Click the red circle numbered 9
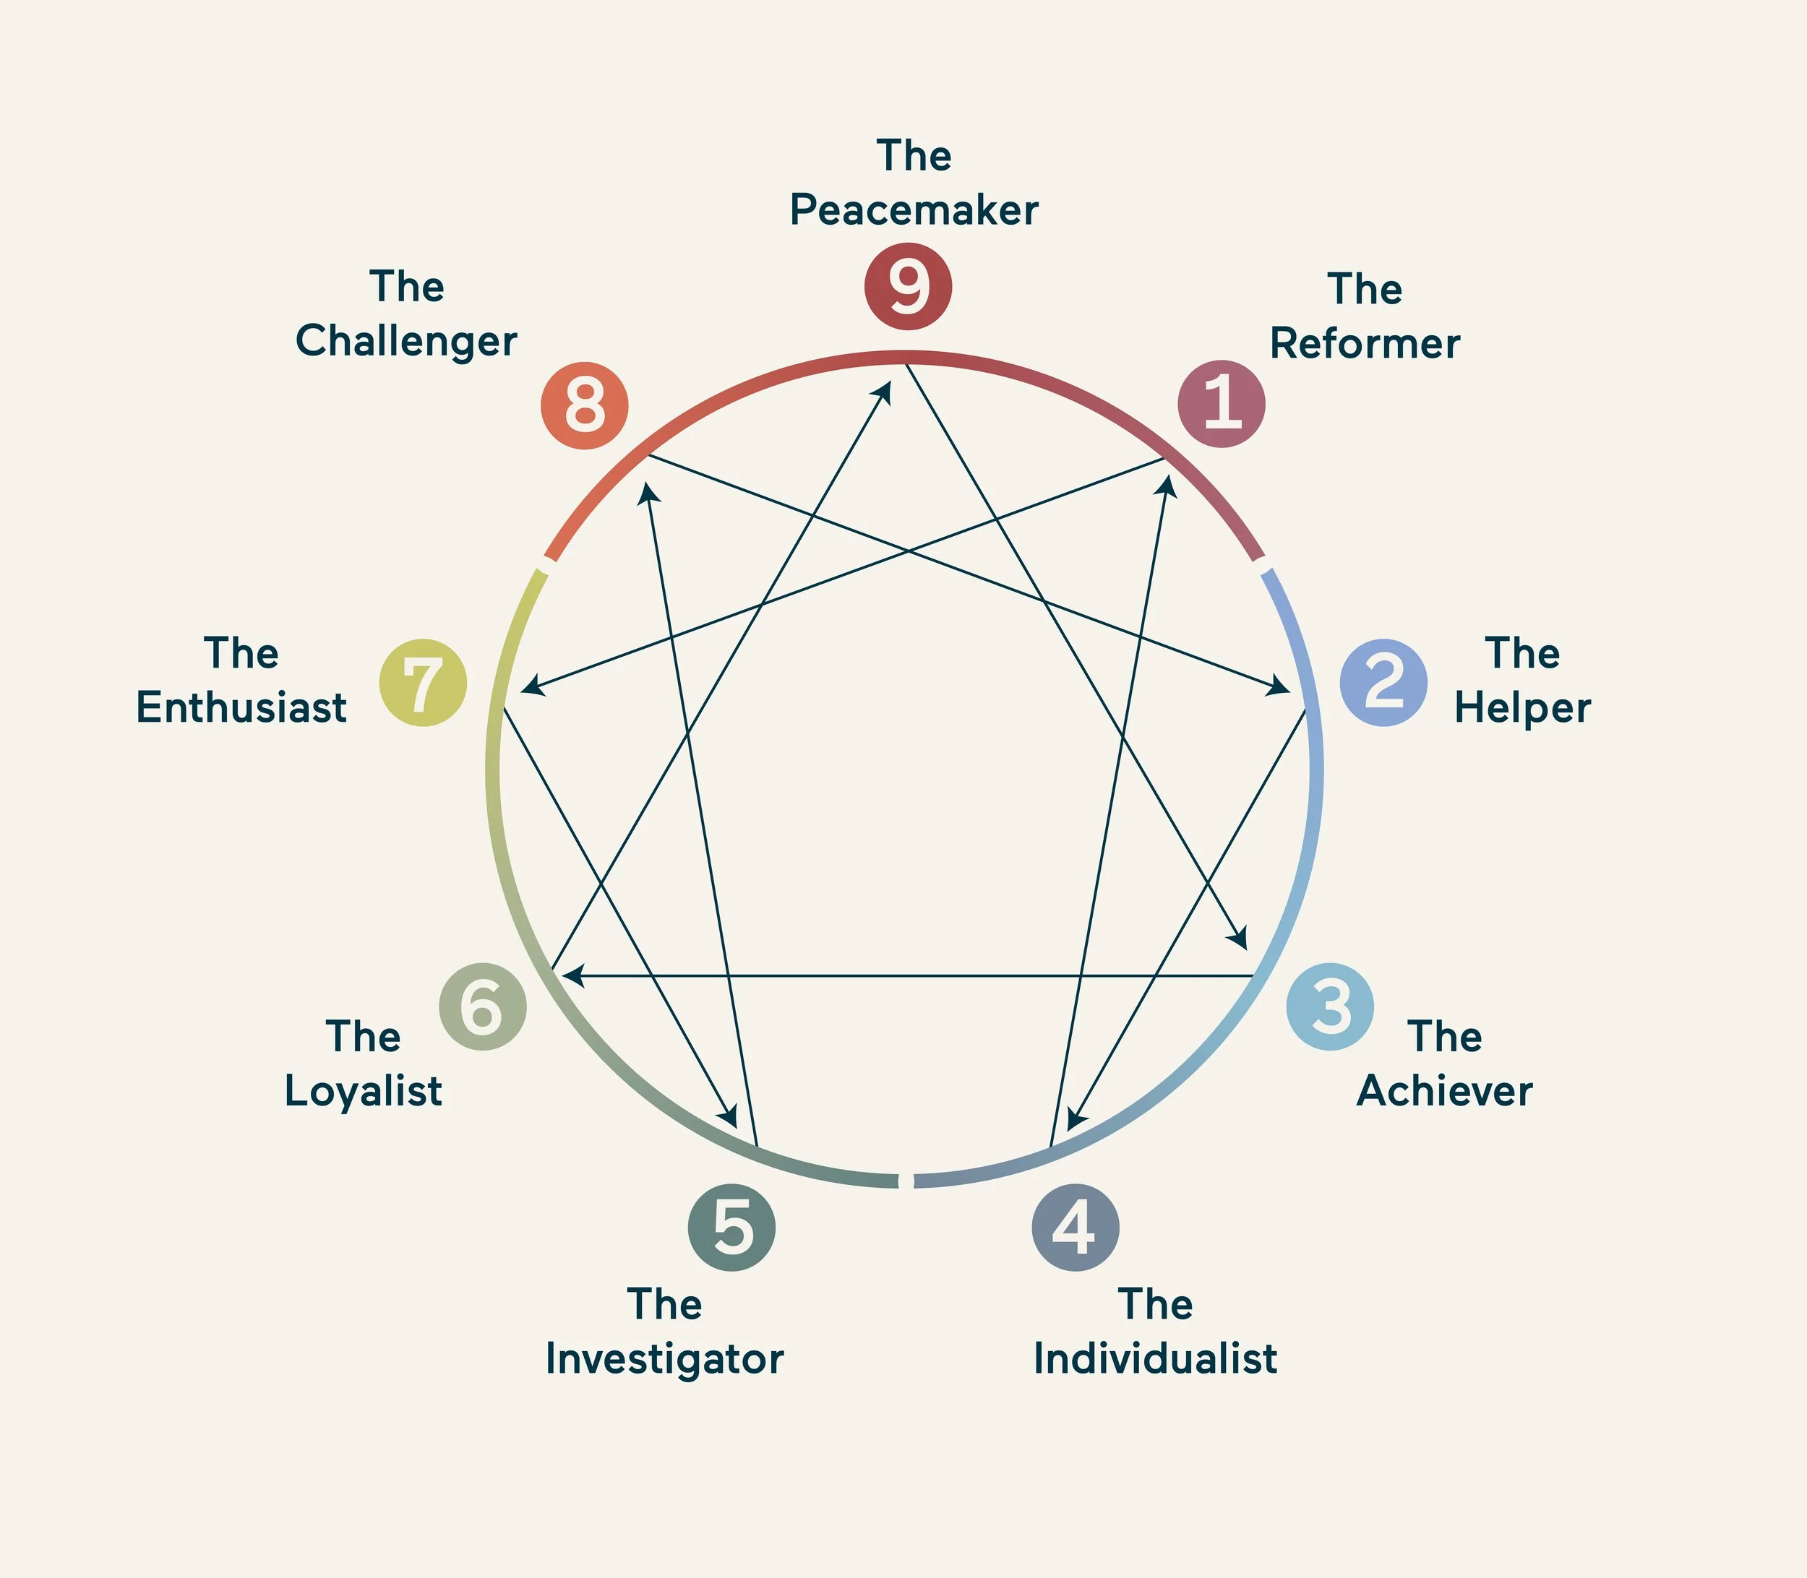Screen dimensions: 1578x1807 [907, 286]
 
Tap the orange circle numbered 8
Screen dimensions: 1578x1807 [584, 405]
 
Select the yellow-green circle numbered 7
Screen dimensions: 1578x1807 [423, 683]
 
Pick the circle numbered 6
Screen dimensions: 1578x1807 [483, 1006]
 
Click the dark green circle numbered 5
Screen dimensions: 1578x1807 [731, 1227]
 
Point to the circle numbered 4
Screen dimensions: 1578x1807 [1075, 1227]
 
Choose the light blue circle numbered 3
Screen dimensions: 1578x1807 [1329, 1006]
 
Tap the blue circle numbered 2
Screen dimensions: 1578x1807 [1383, 683]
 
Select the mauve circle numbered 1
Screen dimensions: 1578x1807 [1221, 403]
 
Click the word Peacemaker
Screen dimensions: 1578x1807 [914, 210]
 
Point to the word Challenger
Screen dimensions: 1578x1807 [406, 342]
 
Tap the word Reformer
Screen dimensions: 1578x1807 [1365, 343]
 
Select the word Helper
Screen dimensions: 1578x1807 [1522, 708]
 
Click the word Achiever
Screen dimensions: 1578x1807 [1445, 1091]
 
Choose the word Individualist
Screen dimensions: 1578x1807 [1155, 1358]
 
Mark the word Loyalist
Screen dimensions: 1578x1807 [363, 1091]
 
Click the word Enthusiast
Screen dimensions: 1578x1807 [241, 708]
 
